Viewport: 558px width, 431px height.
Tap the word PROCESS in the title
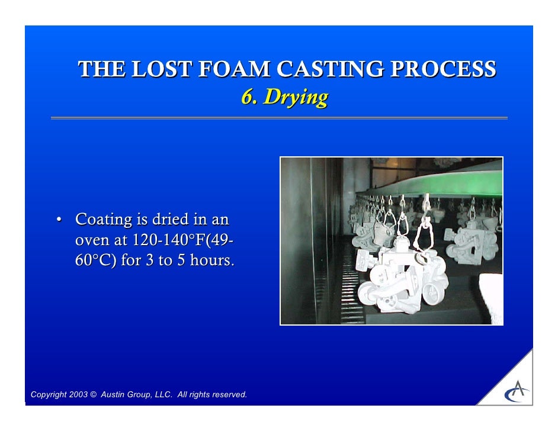click(449, 70)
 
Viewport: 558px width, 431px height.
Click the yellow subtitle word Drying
click(295, 97)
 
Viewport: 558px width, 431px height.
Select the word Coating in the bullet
click(104, 220)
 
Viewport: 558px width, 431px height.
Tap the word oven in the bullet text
click(91, 240)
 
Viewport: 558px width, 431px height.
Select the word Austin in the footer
click(114, 395)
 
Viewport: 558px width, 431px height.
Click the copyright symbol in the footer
click(94, 395)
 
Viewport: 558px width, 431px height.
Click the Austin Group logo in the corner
click(517, 390)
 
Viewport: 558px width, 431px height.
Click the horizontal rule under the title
click(279, 118)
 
